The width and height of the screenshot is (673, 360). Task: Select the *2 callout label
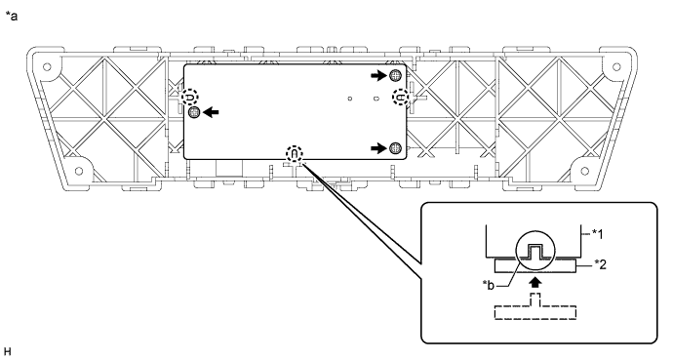tap(597, 263)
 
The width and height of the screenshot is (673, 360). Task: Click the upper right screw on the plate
tap(394, 75)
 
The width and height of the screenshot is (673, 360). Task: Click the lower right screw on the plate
tap(394, 147)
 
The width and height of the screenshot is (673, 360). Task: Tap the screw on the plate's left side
tap(194, 112)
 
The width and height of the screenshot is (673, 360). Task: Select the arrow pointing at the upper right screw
tap(376, 75)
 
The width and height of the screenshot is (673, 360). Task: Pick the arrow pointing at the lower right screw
tap(376, 147)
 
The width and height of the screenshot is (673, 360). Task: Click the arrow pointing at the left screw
tap(211, 112)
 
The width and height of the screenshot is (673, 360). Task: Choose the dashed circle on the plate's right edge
tap(400, 97)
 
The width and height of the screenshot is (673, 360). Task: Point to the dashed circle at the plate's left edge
tap(192, 98)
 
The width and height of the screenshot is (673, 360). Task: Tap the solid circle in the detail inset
tap(534, 254)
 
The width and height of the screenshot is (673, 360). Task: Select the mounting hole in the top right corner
tap(614, 65)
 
